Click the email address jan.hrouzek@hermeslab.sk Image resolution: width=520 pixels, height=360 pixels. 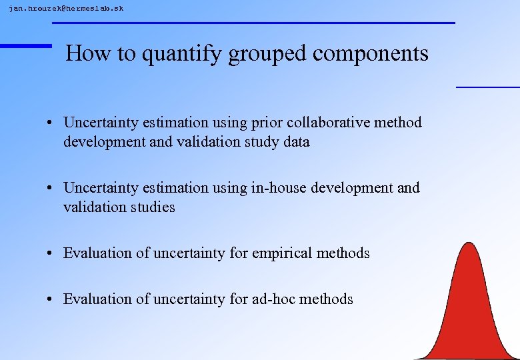(x=66, y=9)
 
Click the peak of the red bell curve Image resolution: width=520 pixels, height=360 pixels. (x=470, y=245)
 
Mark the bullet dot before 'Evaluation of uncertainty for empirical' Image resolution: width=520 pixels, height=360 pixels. (x=51, y=254)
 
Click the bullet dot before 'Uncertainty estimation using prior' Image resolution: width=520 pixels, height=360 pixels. (x=51, y=123)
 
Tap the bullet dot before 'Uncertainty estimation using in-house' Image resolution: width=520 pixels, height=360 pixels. (x=51, y=189)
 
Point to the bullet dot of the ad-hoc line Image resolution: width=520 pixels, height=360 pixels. (x=51, y=300)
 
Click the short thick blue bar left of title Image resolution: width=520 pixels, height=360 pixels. (x=25, y=45)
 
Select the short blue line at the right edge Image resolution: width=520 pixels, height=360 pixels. (x=487, y=87)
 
